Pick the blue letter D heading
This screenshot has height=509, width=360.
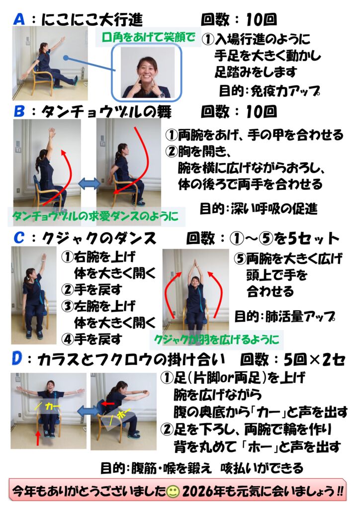point(16,359)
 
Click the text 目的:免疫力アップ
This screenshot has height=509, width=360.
point(269,91)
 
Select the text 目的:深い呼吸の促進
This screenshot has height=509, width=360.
point(258,209)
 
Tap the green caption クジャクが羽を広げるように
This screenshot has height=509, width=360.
point(216,340)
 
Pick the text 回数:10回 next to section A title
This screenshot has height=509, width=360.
point(238,19)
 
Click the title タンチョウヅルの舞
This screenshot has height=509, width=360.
point(100,112)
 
